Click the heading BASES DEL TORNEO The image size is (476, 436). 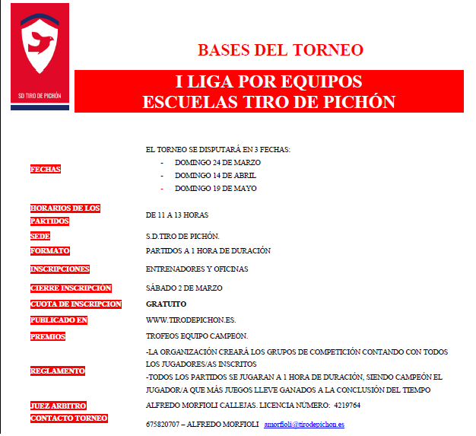280,50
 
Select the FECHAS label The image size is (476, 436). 46,169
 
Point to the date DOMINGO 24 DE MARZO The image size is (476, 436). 217,163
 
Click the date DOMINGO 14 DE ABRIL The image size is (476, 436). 216,176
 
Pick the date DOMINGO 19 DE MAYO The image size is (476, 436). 215,188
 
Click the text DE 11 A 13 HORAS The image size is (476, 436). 177,215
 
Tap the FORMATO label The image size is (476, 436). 49,250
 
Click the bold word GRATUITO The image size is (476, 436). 166,304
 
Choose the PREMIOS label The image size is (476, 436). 48,336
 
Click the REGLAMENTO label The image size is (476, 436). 57,371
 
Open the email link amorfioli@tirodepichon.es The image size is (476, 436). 303,424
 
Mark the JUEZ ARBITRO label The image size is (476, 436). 58,406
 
